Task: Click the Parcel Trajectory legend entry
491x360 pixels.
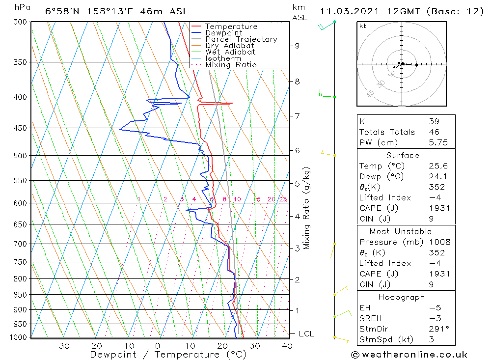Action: click(x=241, y=39)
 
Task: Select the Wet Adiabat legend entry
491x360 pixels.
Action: click(x=230, y=52)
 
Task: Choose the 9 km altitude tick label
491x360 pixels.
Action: click(x=297, y=46)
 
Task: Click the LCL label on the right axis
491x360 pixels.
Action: click(x=306, y=334)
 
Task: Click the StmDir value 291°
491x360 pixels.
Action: click(x=437, y=329)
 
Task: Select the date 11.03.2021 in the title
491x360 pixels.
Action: click(x=345, y=11)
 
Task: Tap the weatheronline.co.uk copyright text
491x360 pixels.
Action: click(x=409, y=355)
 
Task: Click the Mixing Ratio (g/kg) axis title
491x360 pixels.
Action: click(x=307, y=208)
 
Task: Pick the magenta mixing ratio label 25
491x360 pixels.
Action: click(x=283, y=199)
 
